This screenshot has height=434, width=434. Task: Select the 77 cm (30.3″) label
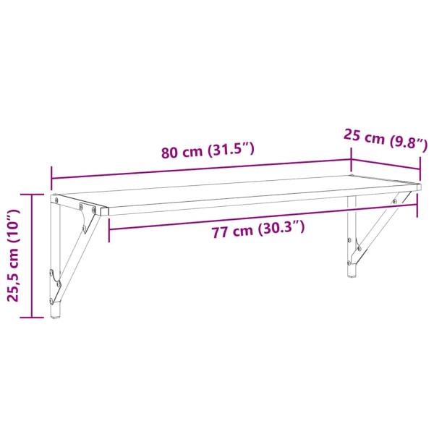click(258, 230)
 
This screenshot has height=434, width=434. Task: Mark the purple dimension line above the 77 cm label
click(263, 217)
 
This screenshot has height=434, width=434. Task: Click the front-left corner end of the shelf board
click(107, 213)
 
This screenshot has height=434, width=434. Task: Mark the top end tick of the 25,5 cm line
click(32, 195)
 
